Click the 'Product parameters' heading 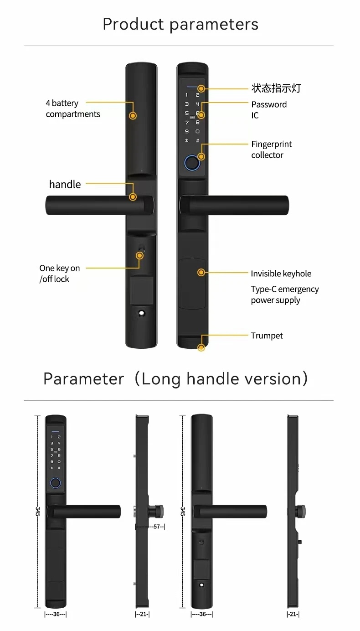pos(180,24)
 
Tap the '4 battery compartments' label pos(72,109)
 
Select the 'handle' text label pos(65,184)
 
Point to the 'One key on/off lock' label pos(59,274)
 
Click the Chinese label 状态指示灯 pos(276,88)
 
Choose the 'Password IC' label pos(268,110)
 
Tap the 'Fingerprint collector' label pos(271,150)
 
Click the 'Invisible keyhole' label pos(281,274)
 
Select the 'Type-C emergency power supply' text pos(284,295)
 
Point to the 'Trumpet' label pos(267,336)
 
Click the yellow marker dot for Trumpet pos(201,348)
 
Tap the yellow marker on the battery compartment pos(133,116)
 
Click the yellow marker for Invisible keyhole pos(201,273)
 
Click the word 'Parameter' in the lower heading pos(83,379)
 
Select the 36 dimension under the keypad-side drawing pos(56,614)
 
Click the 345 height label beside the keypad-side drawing pos(38,511)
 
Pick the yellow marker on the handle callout pos(133,197)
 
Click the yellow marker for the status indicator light pos(201,88)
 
